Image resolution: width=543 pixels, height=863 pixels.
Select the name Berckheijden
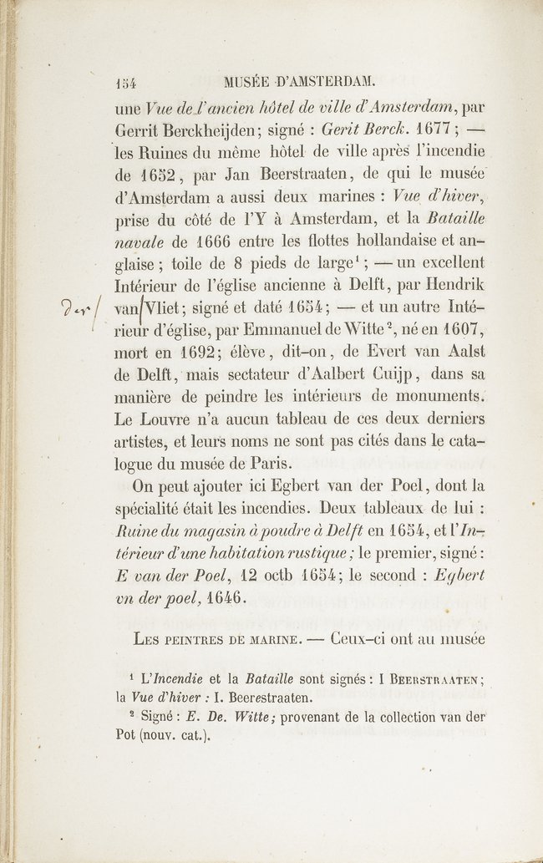point(208,130)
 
